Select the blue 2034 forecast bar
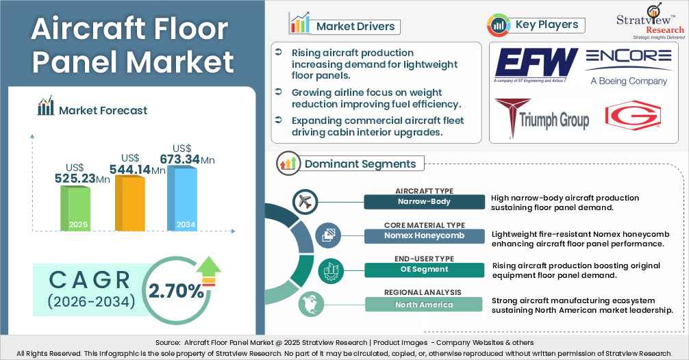(x=181, y=198)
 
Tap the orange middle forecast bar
(x=129, y=203)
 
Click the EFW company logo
(x=535, y=66)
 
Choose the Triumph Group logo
(x=542, y=118)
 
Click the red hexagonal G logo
(x=633, y=116)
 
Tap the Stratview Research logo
(x=651, y=21)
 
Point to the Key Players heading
(x=547, y=25)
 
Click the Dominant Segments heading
(x=360, y=164)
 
